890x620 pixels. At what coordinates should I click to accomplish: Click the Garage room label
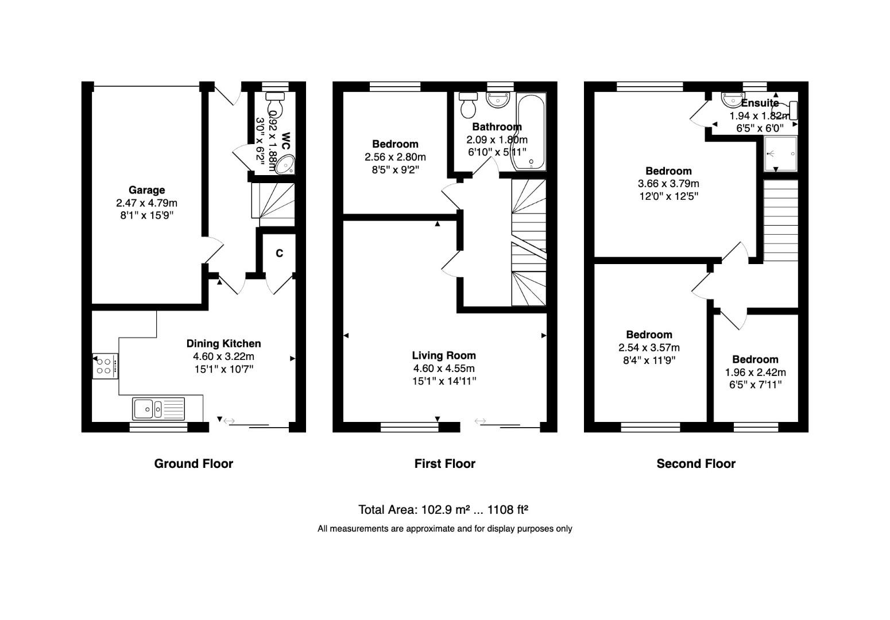[146, 190]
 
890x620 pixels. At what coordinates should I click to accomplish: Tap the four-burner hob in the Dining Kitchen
[105, 366]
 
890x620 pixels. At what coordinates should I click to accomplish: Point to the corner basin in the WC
[285, 165]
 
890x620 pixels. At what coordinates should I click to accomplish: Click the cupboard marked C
[279, 253]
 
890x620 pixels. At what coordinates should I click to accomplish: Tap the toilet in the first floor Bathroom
[469, 104]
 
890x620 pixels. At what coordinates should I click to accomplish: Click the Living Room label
[444, 355]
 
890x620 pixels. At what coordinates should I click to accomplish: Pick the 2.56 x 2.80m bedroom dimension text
[395, 157]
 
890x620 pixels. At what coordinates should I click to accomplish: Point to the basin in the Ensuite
[733, 100]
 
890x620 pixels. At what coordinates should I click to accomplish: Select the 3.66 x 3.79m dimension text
[668, 184]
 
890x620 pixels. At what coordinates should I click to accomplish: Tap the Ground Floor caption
[194, 464]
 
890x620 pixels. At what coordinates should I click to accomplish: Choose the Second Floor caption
[696, 464]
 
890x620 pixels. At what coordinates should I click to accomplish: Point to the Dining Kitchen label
[223, 343]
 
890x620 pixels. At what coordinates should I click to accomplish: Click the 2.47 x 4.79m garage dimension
[146, 203]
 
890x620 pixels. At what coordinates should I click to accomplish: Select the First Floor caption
[444, 464]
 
